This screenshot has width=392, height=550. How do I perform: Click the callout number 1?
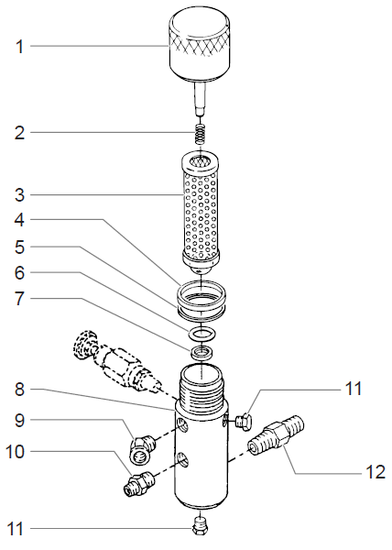[18, 46]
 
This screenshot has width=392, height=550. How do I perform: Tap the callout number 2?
[18, 133]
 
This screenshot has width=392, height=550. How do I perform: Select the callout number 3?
[18, 194]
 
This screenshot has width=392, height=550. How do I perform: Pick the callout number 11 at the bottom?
[19, 528]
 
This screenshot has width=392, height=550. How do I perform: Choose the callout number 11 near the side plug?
[354, 389]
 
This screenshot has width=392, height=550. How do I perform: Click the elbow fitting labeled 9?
[140, 445]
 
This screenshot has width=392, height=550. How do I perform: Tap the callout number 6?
[19, 274]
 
